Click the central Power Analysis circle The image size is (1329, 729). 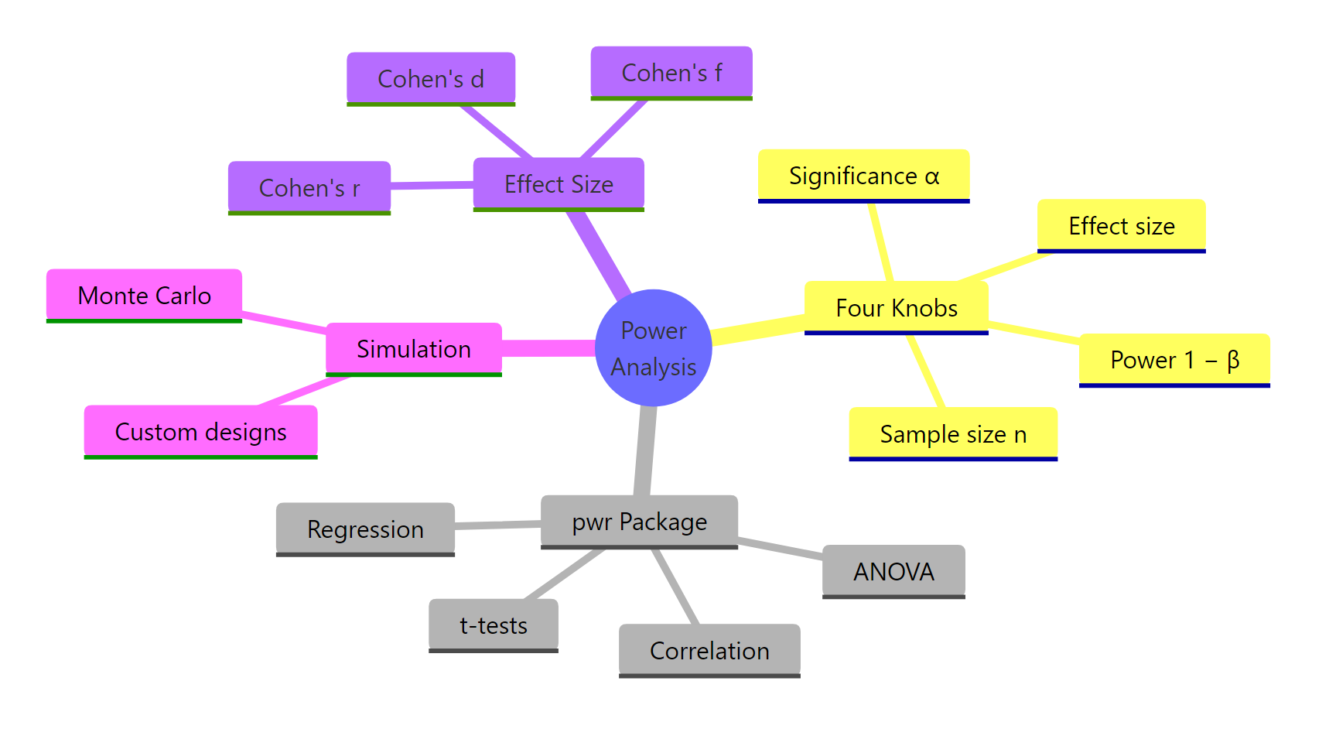654,348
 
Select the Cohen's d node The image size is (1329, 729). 431,78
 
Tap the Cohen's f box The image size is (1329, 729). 671,73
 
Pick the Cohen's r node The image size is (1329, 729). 309,187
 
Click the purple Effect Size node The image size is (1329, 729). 559,184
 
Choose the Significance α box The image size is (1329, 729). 863,176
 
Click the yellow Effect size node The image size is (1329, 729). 1121,226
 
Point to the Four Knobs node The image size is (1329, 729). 897,308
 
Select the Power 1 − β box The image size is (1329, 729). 1174,360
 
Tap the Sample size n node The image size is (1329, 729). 953,434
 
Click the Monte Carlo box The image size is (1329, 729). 145,296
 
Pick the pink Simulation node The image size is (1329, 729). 414,349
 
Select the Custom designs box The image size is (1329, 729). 201,432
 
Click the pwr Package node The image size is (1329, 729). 639,522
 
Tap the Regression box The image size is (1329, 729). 365,529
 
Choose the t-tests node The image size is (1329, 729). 494,625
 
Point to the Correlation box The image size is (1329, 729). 709,651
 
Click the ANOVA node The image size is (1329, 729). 893,571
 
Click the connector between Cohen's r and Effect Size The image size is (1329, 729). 432,186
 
